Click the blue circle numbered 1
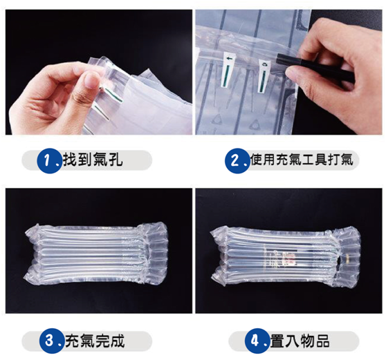[x=50, y=160]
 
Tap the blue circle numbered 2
[x=237, y=160]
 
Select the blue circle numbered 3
[x=52, y=341]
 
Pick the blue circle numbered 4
[x=257, y=341]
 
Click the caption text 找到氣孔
[x=93, y=160]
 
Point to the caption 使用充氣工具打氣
[x=302, y=160]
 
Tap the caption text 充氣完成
[x=95, y=341]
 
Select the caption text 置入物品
[x=300, y=341]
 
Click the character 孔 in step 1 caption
[x=116, y=160]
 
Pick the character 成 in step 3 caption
[x=118, y=341]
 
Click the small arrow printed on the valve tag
[x=230, y=59]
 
